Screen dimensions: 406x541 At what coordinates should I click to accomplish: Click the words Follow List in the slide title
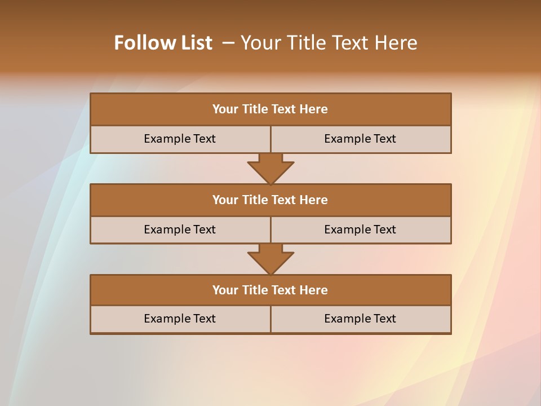click(163, 43)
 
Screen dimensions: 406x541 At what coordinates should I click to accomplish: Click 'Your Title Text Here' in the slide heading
click(329, 43)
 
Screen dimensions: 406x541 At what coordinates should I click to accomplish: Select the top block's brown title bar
click(270, 109)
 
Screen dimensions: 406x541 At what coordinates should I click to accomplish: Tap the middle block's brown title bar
click(270, 200)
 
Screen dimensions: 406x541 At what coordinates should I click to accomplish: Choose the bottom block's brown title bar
click(270, 290)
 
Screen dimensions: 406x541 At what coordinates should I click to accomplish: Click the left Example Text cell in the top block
click(180, 139)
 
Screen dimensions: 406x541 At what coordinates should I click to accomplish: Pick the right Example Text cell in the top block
click(360, 139)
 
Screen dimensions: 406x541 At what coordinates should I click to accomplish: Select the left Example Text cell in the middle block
click(180, 230)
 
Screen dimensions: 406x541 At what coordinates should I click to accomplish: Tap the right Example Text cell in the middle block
click(360, 230)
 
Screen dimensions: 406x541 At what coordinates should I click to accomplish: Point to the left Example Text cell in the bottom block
click(180, 319)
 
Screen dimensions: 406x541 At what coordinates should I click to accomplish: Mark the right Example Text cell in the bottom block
click(360, 319)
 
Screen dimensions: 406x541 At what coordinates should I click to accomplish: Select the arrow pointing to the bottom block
click(270, 259)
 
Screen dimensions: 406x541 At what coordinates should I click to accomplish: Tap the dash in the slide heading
click(228, 43)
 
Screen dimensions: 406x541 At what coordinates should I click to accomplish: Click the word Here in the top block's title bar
click(314, 109)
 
